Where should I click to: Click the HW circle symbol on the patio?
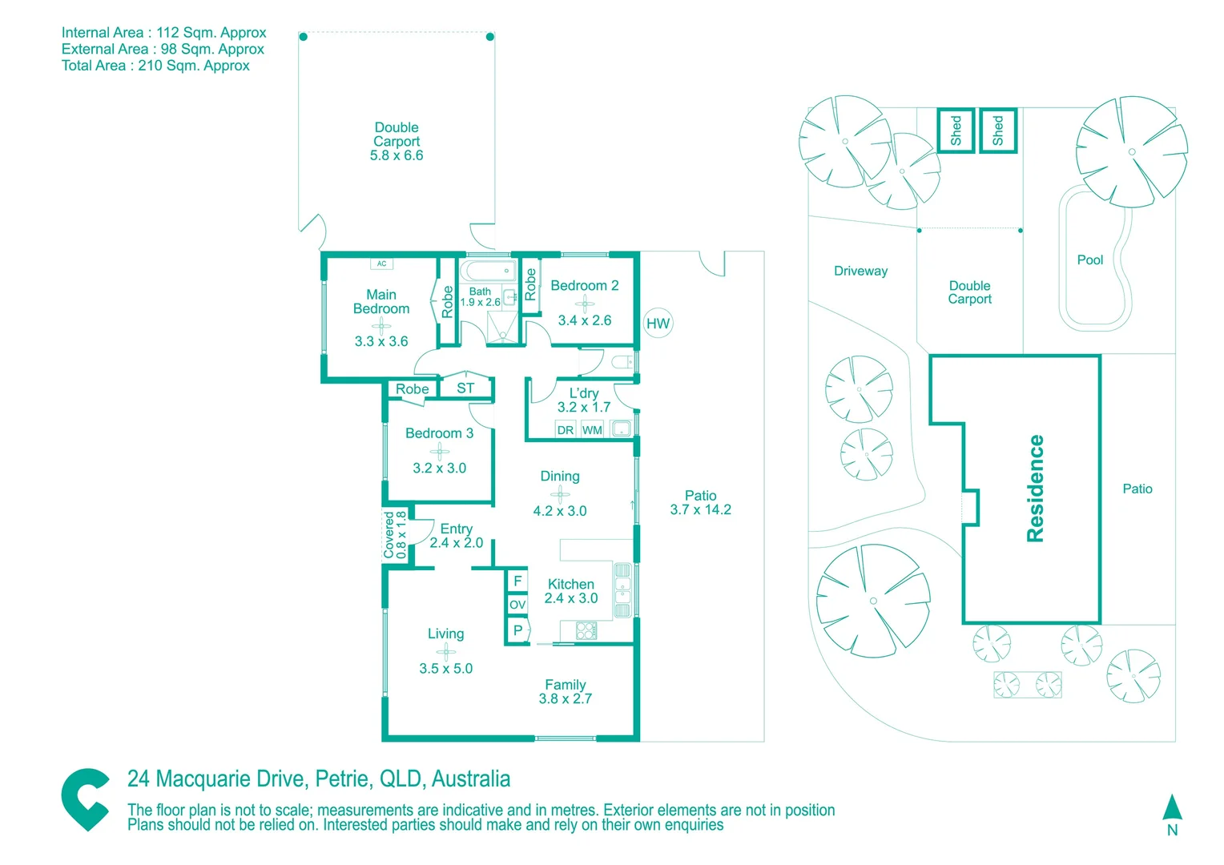coord(658,324)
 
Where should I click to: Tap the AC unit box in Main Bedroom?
coord(382,264)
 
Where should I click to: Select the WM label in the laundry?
coord(592,430)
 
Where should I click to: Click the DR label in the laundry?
coord(566,430)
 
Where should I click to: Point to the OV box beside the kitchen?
coord(517,605)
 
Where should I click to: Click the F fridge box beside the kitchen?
coord(517,581)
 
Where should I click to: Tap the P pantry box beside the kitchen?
coord(517,630)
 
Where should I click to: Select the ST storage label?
coord(465,388)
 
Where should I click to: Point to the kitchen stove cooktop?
coord(586,630)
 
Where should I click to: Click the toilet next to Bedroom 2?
coord(622,362)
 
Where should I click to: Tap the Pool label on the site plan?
coord(1089,259)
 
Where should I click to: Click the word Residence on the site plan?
coord(1035,489)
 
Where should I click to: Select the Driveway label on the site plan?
coord(860,271)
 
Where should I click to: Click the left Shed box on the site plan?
coord(956,131)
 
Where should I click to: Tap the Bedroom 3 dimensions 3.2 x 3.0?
coord(439,468)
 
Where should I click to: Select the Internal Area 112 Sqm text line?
coord(163,33)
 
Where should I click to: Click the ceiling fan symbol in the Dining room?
coord(560,494)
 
